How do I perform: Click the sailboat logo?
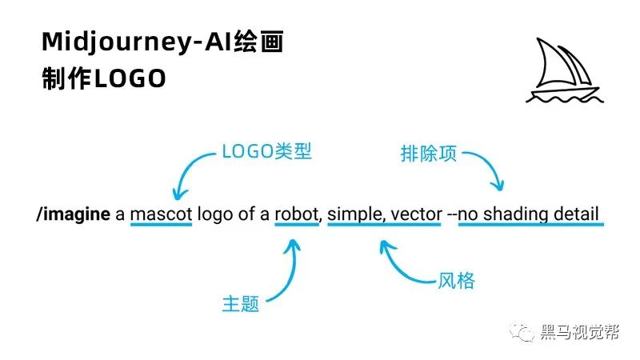point(565,70)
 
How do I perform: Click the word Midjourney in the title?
point(114,42)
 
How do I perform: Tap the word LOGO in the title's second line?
point(130,78)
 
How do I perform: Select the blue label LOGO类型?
point(266,151)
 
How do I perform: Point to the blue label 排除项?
point(429,154)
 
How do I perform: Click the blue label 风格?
point(456,281)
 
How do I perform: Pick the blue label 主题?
point(241,304)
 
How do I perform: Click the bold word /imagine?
point(74,214)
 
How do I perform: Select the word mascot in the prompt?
point(162,214)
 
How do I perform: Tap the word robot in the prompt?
point(297,214)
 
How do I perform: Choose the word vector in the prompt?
point(416,214)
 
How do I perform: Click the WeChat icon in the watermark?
point(522,331)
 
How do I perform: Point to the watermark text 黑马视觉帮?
point(580,332)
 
